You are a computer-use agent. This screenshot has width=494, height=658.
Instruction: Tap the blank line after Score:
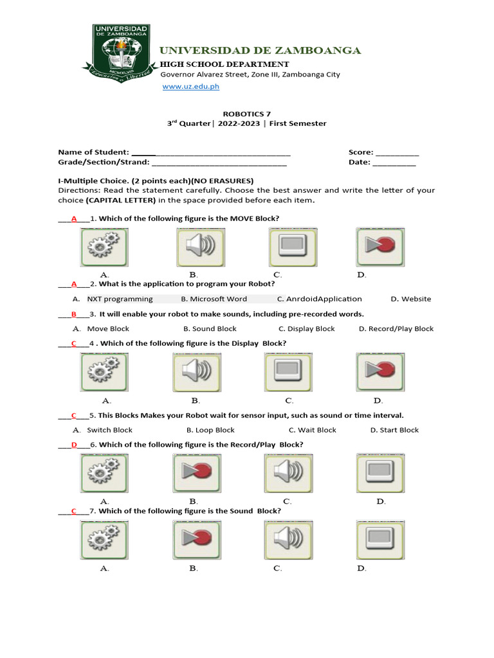397,153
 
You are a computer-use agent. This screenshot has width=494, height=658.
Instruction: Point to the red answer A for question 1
74,218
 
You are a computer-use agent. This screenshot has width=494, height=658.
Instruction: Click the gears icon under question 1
104,247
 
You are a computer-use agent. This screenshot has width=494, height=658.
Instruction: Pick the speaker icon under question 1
200,247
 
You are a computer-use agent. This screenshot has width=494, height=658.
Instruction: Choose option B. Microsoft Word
214,299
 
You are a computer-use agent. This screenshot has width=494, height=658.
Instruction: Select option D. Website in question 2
411,299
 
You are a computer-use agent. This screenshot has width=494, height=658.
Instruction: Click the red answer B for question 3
74,314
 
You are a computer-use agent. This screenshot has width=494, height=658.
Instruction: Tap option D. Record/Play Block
396,329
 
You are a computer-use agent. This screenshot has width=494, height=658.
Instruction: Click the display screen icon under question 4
288,373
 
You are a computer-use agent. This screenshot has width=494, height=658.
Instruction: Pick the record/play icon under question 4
380,373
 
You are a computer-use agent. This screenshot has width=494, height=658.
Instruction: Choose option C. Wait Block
313,431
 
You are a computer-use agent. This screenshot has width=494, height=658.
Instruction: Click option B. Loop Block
211,431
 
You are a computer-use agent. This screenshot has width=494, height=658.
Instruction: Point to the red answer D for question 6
74,445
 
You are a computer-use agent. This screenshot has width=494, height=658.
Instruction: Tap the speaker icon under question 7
288,540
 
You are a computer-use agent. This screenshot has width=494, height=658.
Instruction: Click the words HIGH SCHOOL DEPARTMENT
224,64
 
